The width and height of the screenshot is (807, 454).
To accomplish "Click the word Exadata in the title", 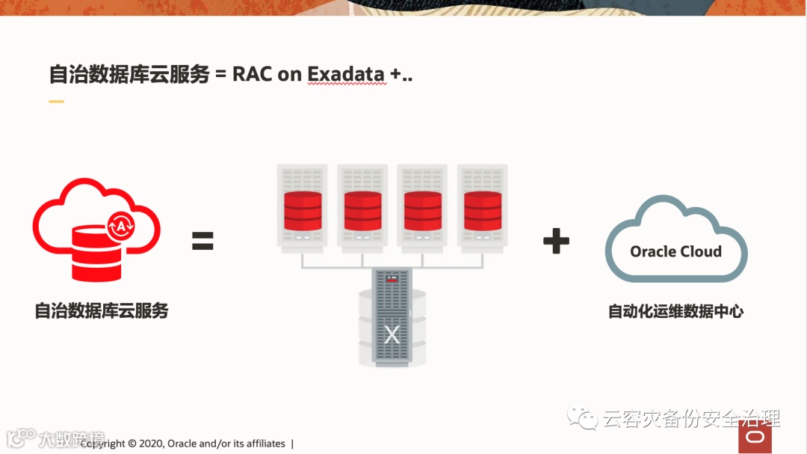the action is click(x=346, y=74).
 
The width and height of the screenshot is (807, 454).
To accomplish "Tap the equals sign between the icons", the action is click(x=202, y=241).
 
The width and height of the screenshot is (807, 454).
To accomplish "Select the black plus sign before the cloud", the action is click(x=556, y=241).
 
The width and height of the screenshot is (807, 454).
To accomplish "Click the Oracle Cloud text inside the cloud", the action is click(x=675, y=251).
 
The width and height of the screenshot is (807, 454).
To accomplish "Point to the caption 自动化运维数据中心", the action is click(x=675, y=311).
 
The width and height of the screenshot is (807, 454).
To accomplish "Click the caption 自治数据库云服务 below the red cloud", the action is click(x=102, y=310).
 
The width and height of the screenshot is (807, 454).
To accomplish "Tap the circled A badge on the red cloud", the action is click(x=120, y=225).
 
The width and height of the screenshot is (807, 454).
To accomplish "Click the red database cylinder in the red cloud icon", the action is click(x=95, y=253).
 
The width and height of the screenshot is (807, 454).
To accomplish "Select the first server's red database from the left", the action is click(x=303, y=211).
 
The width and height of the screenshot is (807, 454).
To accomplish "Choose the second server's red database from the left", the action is click(x=362, y=211).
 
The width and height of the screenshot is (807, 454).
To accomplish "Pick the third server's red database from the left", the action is click(x=422, y=211).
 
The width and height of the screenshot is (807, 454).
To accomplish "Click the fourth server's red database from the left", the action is click(x=482, y=211).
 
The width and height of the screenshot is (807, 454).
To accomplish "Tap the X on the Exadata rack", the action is click(x=392, y=334).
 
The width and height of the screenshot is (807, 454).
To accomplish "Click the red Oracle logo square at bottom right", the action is click(x=755, y=437).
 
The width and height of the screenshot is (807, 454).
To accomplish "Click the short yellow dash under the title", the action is click(x=56, y=102).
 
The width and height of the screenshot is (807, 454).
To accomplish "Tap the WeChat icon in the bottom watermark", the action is click(x=581, y=417).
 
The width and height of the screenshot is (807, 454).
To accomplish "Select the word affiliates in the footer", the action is click(x=259, y=444).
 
